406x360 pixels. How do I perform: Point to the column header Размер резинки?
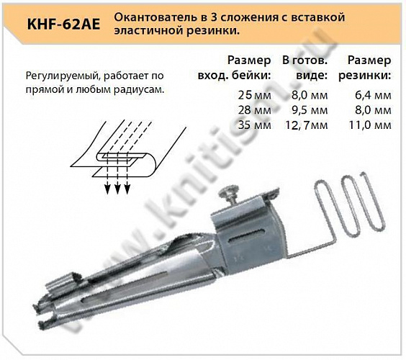(x=369, y=68)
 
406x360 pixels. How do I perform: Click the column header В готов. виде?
(x=306, y=68)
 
